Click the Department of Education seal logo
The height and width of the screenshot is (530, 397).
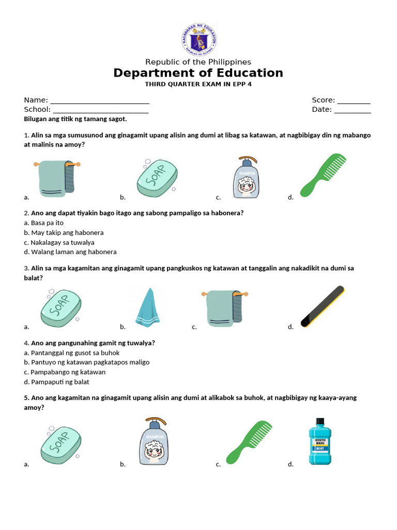pyautogui.click(x=198, y=40)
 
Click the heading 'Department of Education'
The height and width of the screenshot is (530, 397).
pyautogui.click(x=198, y=73)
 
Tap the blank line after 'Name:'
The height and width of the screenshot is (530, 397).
pyautogui.click(x=100, y=101)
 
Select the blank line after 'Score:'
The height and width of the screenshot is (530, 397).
pyautogui.click(x=354, y=101)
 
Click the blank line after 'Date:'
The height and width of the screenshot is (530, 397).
pyautogui.click(x=352, y=110)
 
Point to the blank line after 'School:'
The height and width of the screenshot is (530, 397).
pyautogui.click(x=100, y=110)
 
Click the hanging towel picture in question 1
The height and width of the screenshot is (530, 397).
pyautogui.click(x=57, y=178)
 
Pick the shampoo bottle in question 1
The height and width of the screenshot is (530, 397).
pyautogui.click(x=246, y=177)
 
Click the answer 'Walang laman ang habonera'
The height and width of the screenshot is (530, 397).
pyautogui.click(x=70, y=252)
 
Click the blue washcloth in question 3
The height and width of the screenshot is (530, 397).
pyautogui.click(x=148, y=307)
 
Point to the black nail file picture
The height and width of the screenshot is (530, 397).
pyautogui.click(x=322, y=306)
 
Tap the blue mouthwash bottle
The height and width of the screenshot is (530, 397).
pyautogui.click(x=320, y=441)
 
